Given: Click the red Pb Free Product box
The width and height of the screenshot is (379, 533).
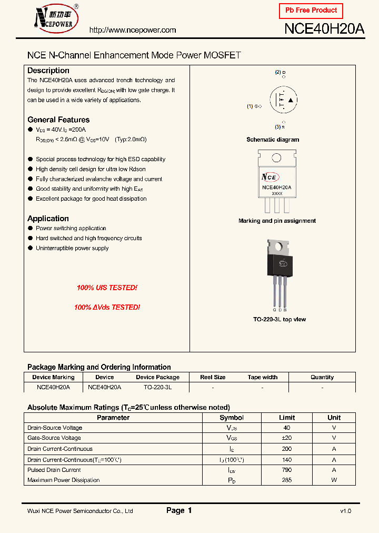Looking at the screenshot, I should [311, 11].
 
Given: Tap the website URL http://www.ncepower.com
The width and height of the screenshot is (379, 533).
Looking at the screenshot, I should [133, 30].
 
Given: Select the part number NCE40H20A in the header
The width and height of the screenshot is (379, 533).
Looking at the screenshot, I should [324, 29].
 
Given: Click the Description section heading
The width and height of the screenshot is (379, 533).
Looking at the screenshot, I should [48, 71].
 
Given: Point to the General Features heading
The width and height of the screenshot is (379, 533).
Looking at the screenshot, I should [58, 120].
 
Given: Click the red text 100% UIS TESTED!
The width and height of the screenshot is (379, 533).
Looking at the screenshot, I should [107, 288].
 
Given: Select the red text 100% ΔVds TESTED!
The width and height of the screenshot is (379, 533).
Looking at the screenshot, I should [107, 307].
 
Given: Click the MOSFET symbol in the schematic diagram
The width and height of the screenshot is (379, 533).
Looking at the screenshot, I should [283, 100].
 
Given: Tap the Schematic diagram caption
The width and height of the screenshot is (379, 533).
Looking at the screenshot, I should [273, 140].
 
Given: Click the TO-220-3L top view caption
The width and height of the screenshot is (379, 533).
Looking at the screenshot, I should [280, 319].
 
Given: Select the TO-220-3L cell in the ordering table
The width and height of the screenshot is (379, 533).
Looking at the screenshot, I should [157, 387].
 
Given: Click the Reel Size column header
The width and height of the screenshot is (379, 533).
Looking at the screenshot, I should [213, 377].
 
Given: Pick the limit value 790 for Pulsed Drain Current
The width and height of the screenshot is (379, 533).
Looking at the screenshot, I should [287, 470].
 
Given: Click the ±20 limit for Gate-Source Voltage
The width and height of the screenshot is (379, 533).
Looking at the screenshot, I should [287, 438].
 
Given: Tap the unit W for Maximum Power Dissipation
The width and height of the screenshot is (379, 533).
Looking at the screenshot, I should [334, 480].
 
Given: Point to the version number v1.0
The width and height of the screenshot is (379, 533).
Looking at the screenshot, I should [345, 511].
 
